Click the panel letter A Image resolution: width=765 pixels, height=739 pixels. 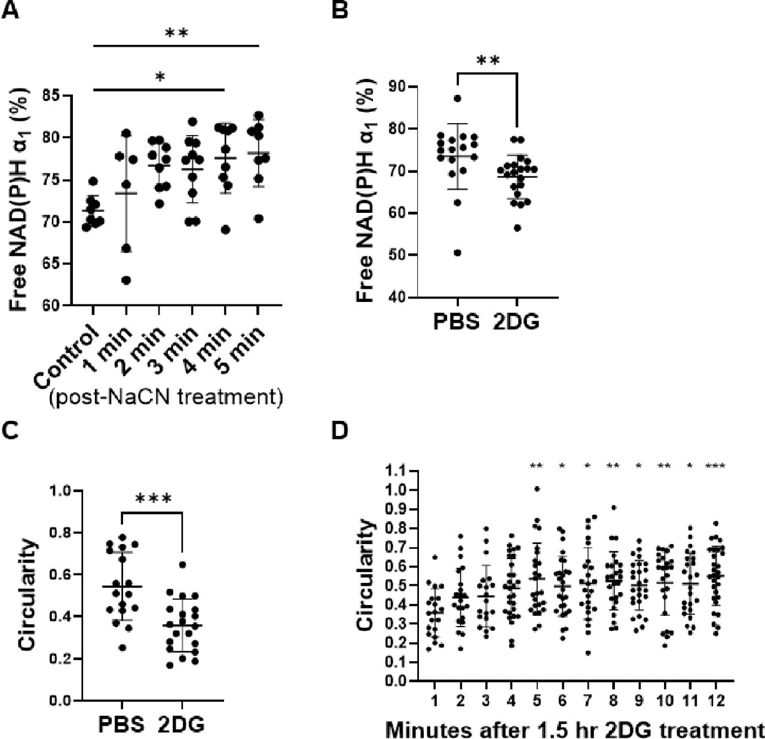click(x=10, y=10)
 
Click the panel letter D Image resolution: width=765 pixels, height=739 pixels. click(x=340, y=432)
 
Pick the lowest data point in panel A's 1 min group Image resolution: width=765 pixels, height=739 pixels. click(x=126, y=280)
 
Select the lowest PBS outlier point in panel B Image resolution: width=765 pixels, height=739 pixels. click(x=457, y=253)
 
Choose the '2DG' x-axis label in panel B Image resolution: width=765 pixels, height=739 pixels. click(x=516, y=322)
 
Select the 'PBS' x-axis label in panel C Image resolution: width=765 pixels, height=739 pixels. click(x=122, y=725)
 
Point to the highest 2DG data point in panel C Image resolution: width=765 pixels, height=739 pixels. click(x=183, y=564)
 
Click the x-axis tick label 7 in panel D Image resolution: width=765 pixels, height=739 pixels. click(x=586, y=700)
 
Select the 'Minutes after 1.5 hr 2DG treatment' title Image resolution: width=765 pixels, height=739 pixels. click(x=574, y=729)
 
